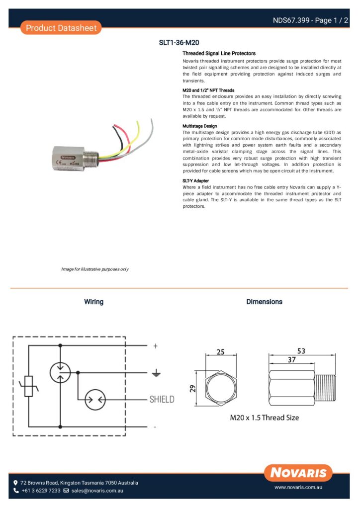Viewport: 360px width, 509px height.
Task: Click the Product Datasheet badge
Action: click(61, 28)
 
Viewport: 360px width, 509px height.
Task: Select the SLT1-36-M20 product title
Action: click(179, 43)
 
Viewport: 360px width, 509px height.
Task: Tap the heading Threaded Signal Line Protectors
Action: click(219, 53)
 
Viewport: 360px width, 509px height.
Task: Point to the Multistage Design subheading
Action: click(200, 126)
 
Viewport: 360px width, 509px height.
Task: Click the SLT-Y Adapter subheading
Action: click(195, 180)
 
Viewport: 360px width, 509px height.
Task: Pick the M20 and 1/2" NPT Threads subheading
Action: click(208, 90)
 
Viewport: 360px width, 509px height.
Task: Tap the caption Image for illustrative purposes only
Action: click(95, 269)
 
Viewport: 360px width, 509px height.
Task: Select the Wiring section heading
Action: click(93, 302)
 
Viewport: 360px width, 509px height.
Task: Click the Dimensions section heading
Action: click(264, 302)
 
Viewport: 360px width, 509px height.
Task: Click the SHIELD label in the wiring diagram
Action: click(162, 399)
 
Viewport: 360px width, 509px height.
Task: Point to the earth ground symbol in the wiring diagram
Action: click(156, 372)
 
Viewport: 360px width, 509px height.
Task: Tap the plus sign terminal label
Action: click(156, 345)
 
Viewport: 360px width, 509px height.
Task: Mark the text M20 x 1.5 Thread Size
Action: click(264, 418)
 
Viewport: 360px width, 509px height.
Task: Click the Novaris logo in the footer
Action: click(298, 472)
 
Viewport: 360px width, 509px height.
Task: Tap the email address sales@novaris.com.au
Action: click(97, 491)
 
